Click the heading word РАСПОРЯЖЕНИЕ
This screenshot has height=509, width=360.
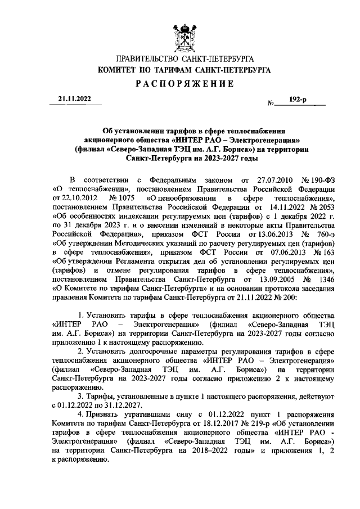184,84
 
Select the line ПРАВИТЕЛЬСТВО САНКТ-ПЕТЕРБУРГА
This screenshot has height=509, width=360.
184,59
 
